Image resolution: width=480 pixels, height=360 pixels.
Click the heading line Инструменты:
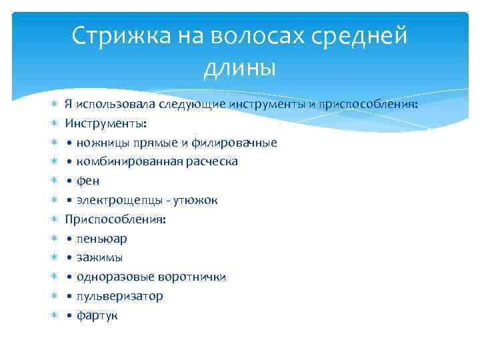pos(105,123)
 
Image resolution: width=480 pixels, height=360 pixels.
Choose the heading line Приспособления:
pos(115,219)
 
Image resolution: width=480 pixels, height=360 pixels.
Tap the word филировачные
pos(234,143)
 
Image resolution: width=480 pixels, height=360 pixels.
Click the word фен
pos(87,181)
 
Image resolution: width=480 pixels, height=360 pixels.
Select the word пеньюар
pos(101,239)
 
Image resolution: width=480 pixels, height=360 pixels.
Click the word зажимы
pos(99,258)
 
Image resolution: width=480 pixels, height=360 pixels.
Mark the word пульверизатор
pos(119,296)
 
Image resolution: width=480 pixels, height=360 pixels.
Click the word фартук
pos(97,315)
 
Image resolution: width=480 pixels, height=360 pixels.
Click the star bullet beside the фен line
pos(55,181)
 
